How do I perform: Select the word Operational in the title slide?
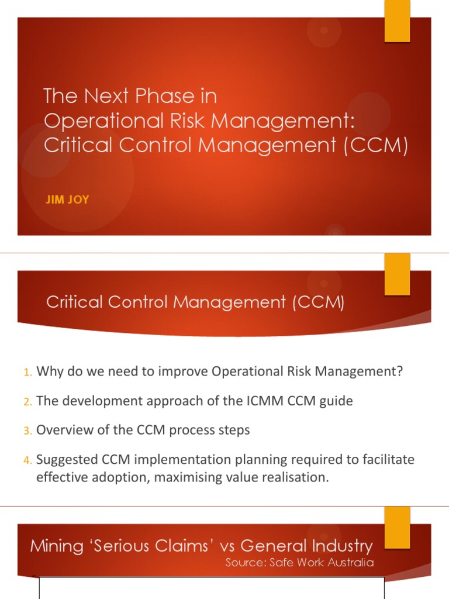(x=93, y=121)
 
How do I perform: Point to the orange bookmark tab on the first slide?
(x=397, y=21)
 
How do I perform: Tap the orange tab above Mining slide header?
(x=397, y=519)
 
